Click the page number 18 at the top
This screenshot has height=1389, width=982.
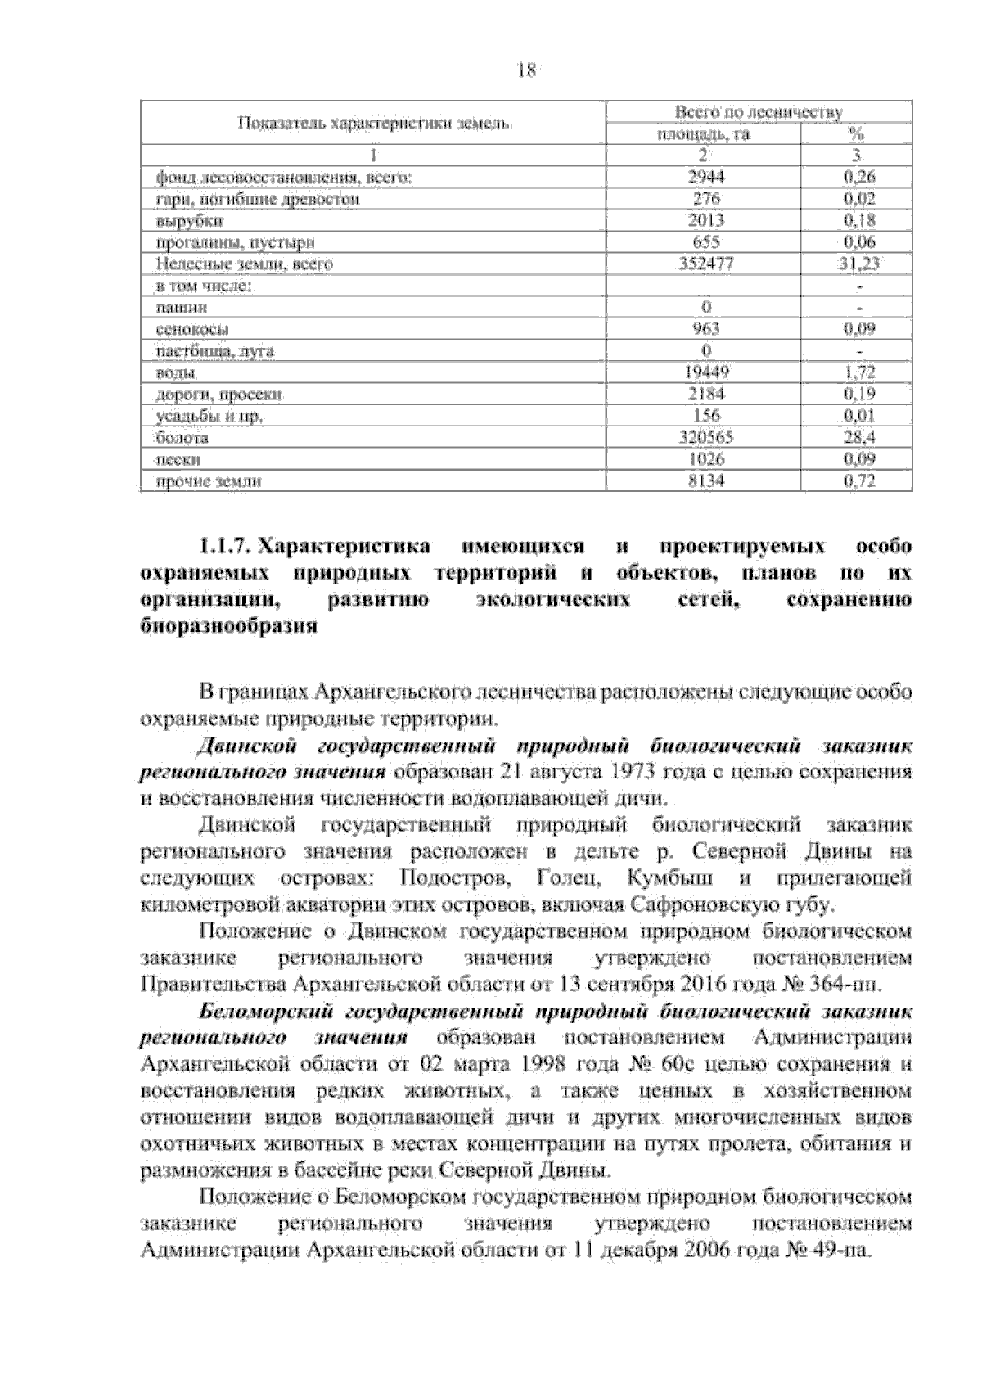(526, 70)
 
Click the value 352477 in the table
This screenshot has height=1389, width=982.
(706, 264)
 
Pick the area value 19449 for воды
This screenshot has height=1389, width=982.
(706, 372)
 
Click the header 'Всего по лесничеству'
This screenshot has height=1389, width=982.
(758, 112)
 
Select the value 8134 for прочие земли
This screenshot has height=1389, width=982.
(706, 481)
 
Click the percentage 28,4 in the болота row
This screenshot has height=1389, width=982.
(859, 438)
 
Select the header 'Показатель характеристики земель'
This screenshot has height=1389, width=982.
(373, 124)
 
